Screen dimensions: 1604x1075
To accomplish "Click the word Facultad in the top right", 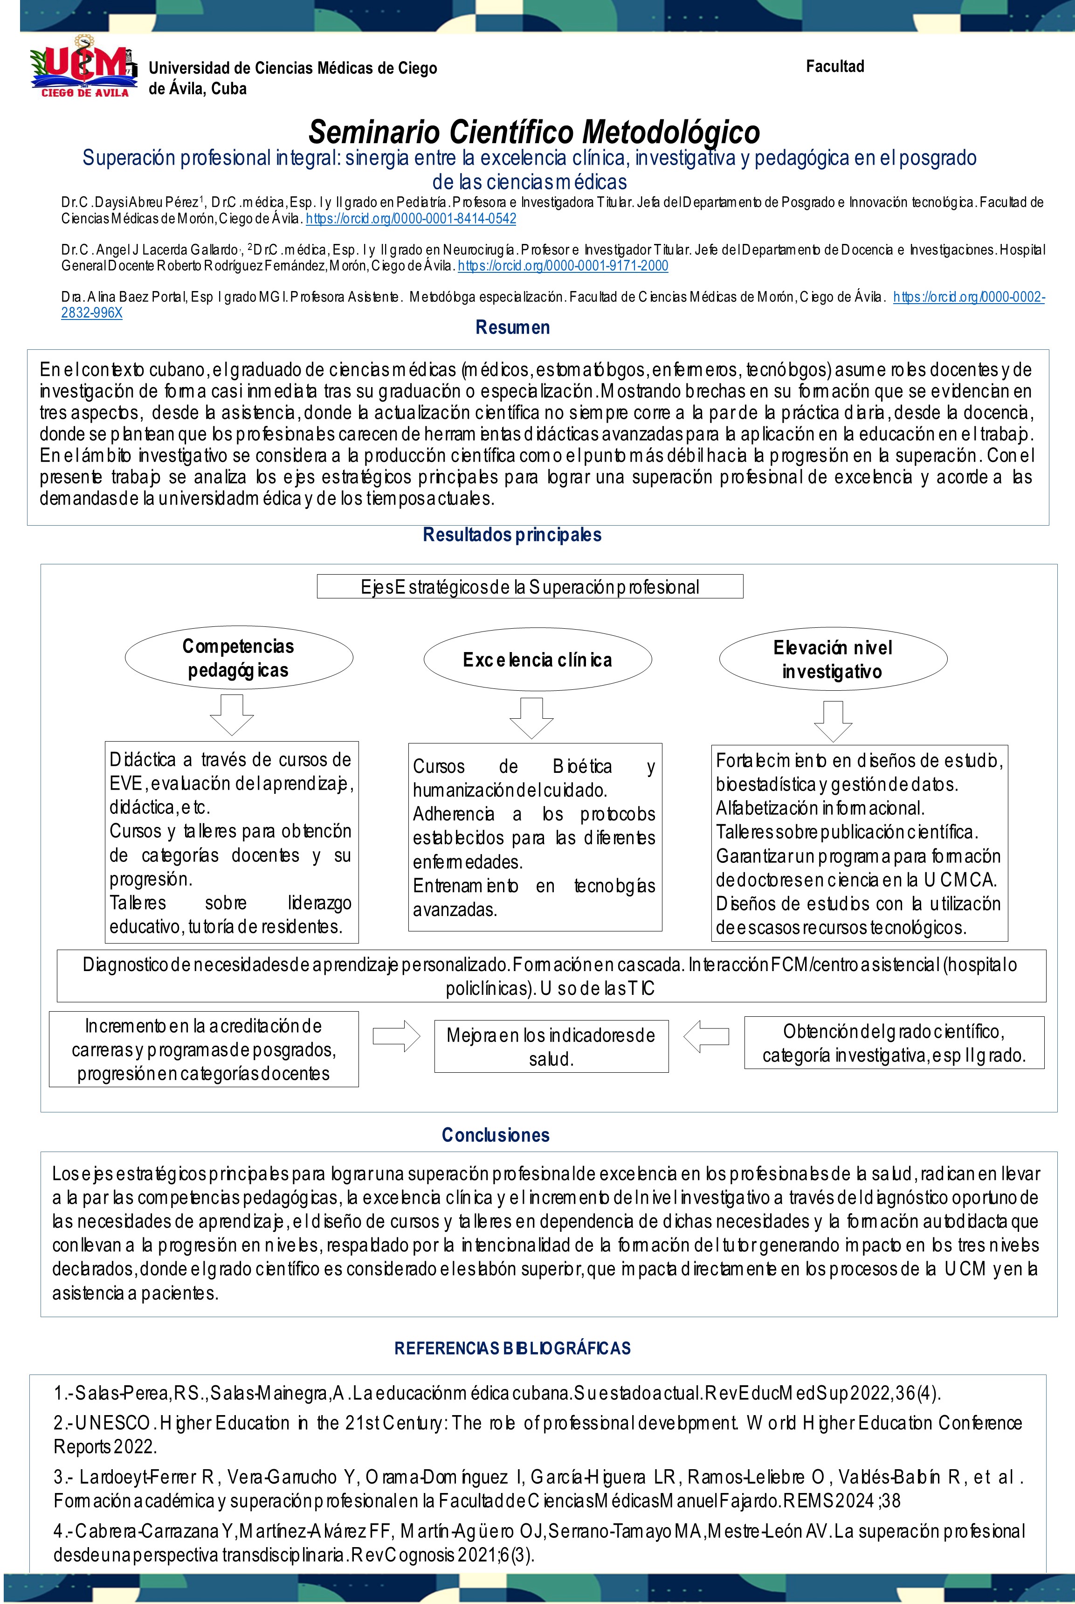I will pos(834,67).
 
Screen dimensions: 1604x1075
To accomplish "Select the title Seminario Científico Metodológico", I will pos(534,131).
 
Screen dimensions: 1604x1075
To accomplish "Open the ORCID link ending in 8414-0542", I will pos(411,219).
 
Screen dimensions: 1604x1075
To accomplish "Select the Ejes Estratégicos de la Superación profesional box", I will pos(530,587).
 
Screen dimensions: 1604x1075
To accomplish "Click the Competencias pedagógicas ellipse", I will pos(239,658).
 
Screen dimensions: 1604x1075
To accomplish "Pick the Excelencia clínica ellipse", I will pos(537,660).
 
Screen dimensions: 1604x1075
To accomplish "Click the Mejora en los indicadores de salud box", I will pos(551,1047).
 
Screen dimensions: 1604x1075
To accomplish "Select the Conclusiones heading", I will pos(495,1135).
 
